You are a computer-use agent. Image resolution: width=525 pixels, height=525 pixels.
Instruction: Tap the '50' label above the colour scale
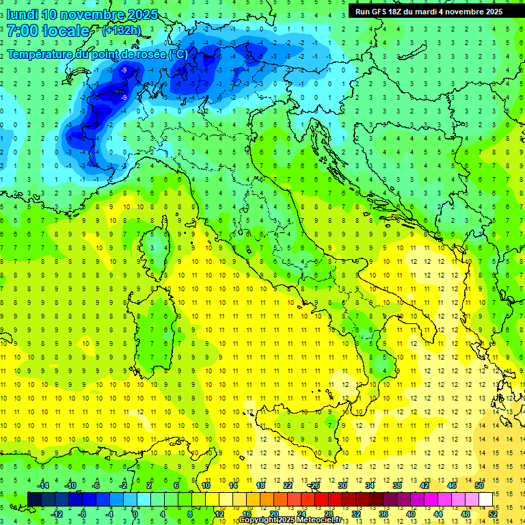[x=479, y=485]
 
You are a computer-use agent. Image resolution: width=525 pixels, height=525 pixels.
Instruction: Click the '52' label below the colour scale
[x=493, y=514]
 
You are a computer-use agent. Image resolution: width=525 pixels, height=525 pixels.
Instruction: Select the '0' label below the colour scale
[x=136, y=514]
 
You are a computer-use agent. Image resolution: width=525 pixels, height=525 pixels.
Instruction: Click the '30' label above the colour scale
[x=342, y=485]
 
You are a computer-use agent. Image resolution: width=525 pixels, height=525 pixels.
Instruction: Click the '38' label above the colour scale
[x=396, y=485]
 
